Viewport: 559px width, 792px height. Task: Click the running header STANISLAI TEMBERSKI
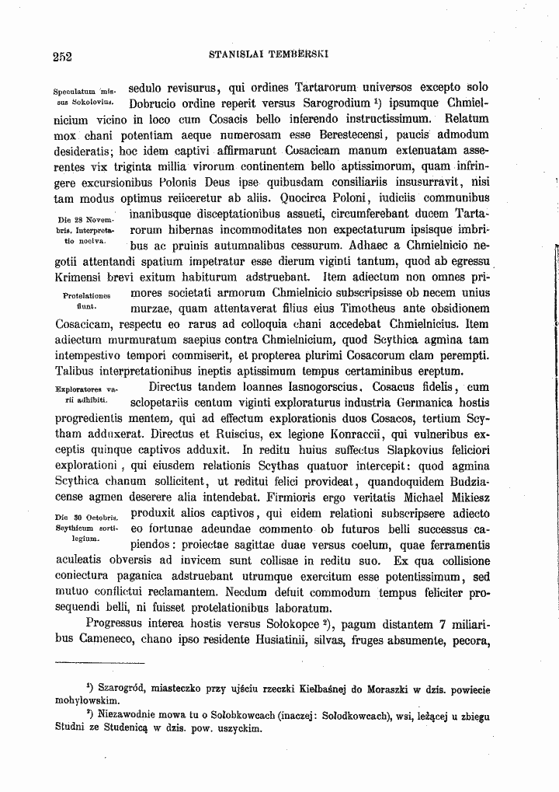(x=270, y=55)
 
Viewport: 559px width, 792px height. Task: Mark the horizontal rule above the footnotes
(x=101, y=663)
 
